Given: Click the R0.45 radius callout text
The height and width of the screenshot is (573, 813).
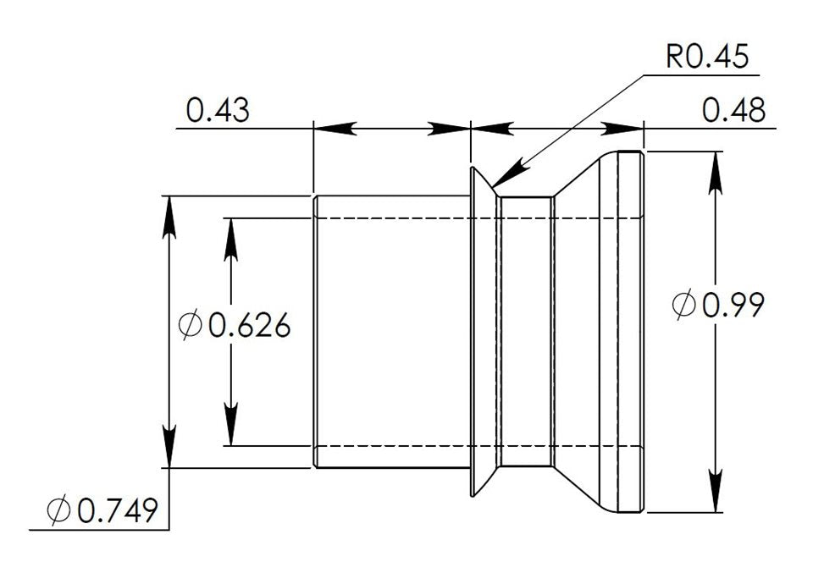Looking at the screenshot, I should [x=707, y=58].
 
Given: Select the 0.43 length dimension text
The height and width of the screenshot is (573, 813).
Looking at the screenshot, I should [x=218, y=111].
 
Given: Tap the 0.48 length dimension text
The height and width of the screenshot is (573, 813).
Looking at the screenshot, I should [x=733, y=111].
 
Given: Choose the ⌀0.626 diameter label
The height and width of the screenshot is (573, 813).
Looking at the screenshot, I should [x=235, y=324].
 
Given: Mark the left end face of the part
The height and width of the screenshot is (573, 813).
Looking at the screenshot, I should [x=314, y=330].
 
